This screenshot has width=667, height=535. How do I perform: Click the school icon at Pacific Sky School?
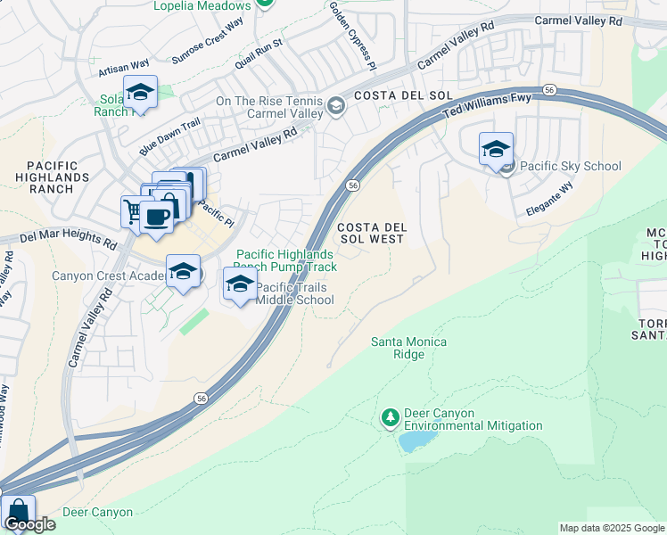[496, 149]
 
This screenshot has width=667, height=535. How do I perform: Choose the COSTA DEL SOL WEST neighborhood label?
[372, 234]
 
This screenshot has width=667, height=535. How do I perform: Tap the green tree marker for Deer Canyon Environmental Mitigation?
[389, 417]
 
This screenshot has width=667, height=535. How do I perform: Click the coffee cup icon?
[156, 217]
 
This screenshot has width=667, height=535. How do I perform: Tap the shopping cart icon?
[133, 211]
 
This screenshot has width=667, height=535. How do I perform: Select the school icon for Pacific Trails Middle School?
[240, 284]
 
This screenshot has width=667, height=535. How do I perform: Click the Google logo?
[29, 524]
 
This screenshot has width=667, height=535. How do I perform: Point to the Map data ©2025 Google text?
[611, 528]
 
